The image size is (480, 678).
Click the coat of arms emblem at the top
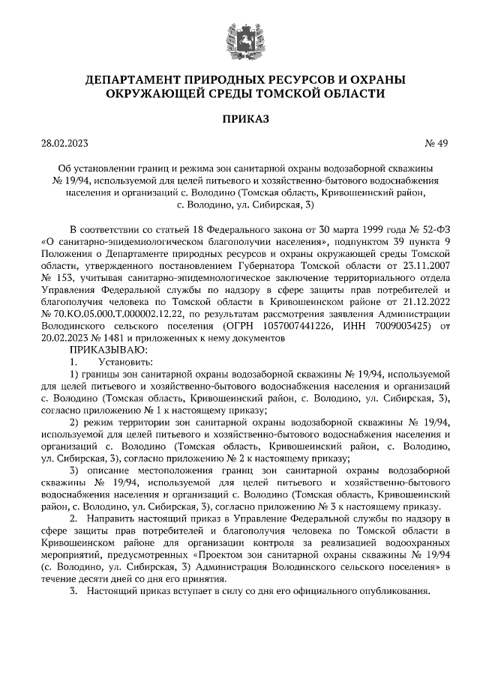coord(240,37)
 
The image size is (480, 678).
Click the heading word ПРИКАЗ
coord(240,118)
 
